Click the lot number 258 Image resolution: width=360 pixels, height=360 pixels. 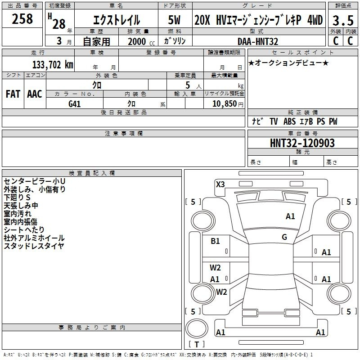pyautogui.click(x=22, y=19)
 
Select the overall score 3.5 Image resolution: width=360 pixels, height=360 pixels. pyautogui.click(x=343, y=21)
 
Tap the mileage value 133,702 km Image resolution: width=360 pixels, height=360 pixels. pyautogui.click(x=53, y=65)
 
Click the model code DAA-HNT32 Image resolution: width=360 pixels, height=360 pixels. pyautogui.click(x=257, y=41)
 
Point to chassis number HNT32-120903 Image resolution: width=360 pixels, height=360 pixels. pyautogui.click(x=302, y=143)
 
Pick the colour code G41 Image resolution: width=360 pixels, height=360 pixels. pyautogui.click(x=75, y=104)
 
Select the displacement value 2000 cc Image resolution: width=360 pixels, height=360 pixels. pyautogui.click(x=141, y=41)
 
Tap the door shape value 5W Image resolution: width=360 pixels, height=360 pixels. pyautogui.click(x=174, y=20)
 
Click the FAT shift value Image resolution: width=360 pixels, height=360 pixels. pyautogui.click(x=13, y=94)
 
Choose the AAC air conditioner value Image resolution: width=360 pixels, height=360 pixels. pyautogui.click(x=35, y=94)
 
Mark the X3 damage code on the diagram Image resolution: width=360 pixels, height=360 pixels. pyautogui.click(x=220, y=184)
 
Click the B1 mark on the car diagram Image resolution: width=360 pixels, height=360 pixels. pyautogui.click(x=215, y=241)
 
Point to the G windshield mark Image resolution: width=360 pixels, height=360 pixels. pyautogui.click(x=284, y=237)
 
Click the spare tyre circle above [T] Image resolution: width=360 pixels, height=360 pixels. pyautogui.click(x=197, y=328)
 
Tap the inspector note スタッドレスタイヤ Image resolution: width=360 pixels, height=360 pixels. pyautogui.click(x=34, y=246)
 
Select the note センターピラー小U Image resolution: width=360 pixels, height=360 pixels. pyautogui.click(x=35, y=181)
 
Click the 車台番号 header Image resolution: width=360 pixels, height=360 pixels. pyautogui.click(x=302, y=133)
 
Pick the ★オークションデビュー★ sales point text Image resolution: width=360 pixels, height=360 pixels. pyautogui.click(x=288, y=63)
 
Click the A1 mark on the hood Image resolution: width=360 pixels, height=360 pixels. pyautogui.click(x=290, y=216)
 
